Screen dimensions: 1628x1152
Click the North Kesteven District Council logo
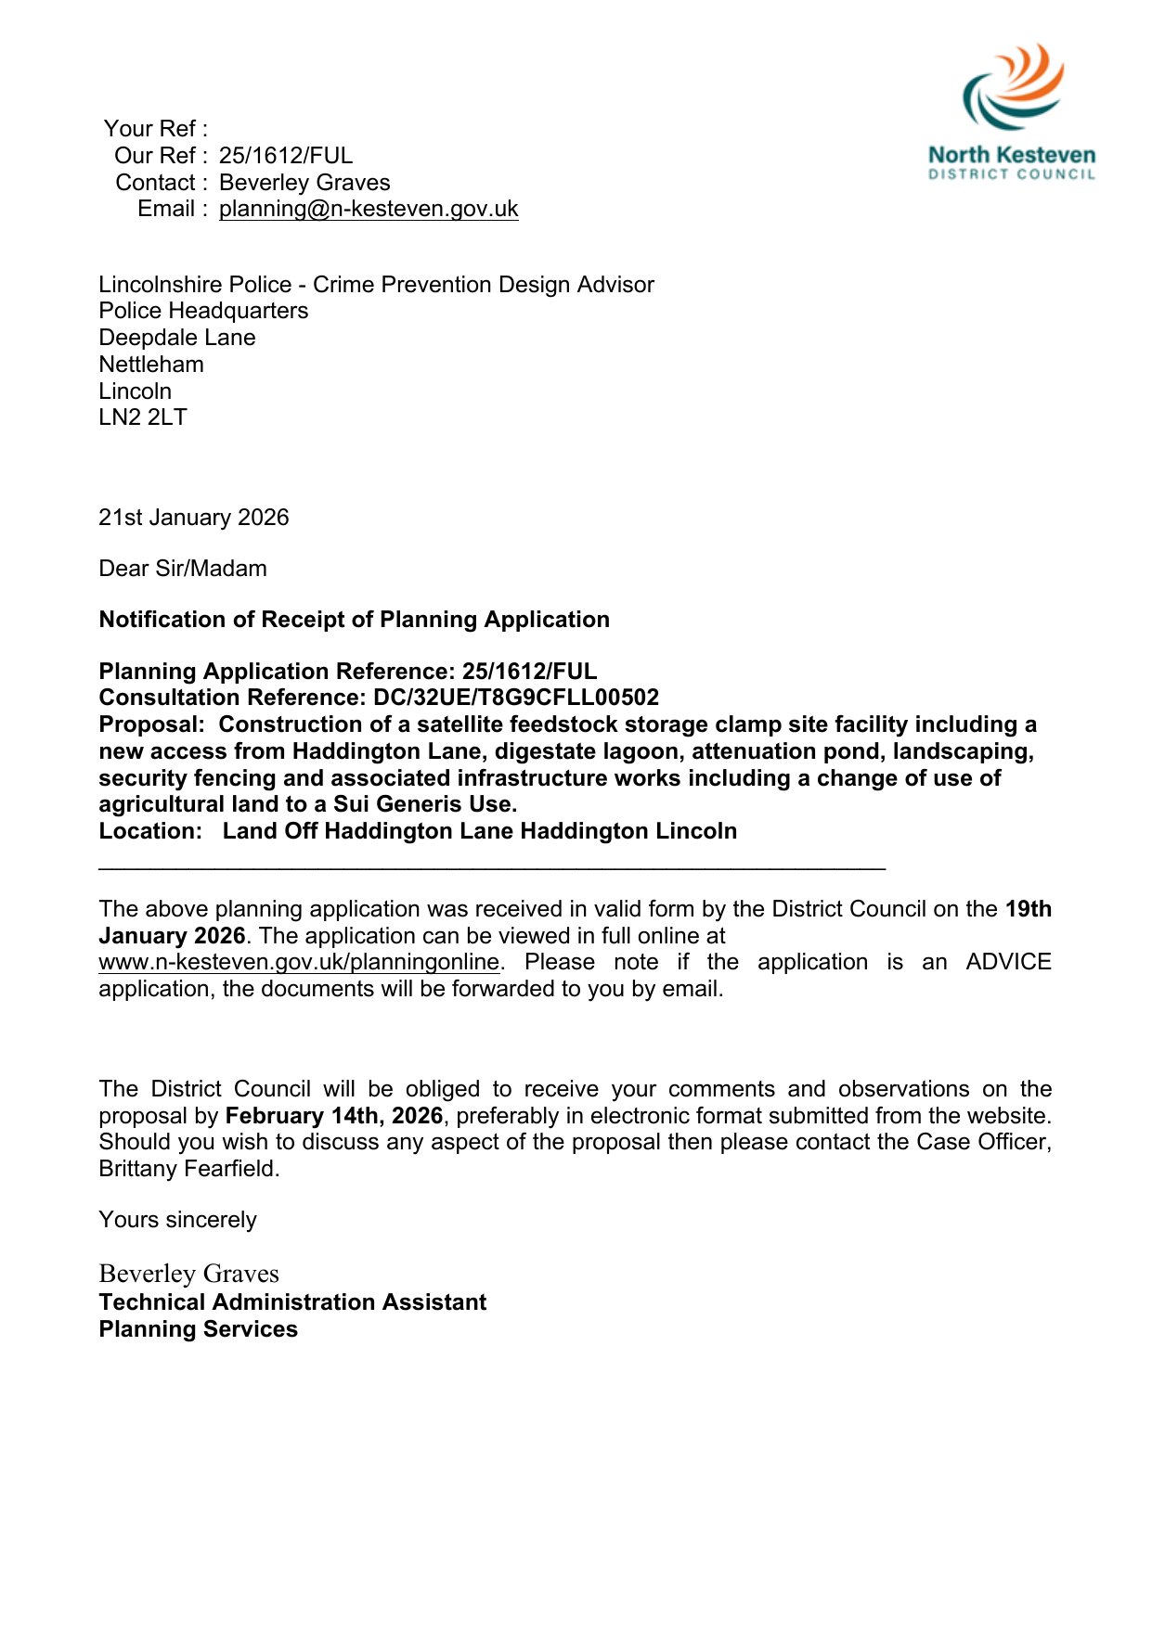[x=1012, y=111]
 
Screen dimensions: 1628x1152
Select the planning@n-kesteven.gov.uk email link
[x=369, y=209]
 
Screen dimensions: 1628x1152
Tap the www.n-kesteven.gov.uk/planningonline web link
[x=299, y=962]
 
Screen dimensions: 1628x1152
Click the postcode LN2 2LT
[x=143, y=417]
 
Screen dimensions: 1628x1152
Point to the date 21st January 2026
[x=194, y=518]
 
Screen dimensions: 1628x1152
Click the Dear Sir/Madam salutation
[x=183, y=569]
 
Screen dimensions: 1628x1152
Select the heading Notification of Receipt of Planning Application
[x=354, y=620]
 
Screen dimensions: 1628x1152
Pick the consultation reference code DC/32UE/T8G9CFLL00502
[x=515, y=698]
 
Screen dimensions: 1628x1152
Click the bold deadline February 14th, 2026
[x=334, y=1116]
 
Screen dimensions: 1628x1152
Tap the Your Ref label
[x=154, y=128]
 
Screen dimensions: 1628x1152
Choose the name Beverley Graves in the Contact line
[x=304, y=183]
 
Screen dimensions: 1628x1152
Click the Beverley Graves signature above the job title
[x=188, y=1274]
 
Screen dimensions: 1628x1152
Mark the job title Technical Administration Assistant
[x=292, y=1302]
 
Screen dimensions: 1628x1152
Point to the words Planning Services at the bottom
[x=198, y=1329]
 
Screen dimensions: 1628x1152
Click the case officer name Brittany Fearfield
[x=188, y=1169]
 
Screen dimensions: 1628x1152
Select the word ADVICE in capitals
[x=1007, y=962]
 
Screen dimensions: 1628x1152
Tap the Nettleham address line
[x=151, y=365]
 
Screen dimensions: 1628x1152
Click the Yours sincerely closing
[x=177, y=1220]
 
